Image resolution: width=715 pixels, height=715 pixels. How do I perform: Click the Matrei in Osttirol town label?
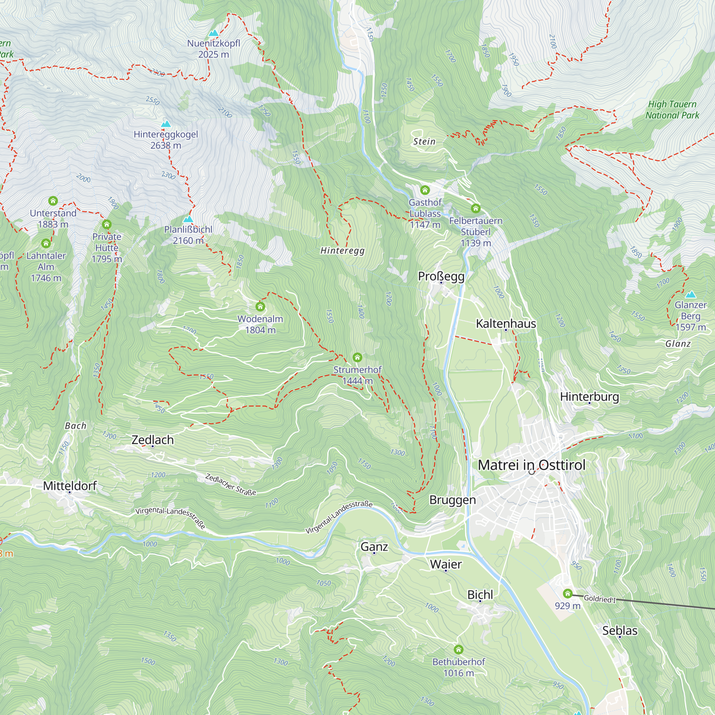532,465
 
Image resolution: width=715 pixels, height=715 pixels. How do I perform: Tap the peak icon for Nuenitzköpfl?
213,33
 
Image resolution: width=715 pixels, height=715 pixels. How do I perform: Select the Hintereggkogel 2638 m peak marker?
166,124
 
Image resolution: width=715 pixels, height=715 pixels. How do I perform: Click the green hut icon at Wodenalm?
260,306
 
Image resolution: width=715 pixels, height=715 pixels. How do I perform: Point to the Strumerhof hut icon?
357,357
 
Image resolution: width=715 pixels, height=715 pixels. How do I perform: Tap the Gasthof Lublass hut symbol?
425,190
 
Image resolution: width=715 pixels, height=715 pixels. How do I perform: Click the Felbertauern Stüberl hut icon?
475,209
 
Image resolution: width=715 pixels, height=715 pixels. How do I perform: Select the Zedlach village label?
153,440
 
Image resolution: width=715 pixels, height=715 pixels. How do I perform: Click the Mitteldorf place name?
70,485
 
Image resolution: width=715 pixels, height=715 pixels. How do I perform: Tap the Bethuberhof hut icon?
459,650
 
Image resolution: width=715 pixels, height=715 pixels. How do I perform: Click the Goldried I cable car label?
600,599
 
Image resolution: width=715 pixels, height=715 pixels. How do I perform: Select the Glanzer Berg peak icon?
691,295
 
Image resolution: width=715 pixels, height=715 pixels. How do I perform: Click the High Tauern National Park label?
672,109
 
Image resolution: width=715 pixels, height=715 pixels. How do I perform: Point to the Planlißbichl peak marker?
188,220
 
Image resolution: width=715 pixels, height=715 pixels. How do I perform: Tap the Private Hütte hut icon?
107,224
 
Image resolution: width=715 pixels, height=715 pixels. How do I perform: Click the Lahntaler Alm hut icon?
46,243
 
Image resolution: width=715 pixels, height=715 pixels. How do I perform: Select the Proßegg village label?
441,276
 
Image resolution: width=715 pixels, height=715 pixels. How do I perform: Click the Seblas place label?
620,630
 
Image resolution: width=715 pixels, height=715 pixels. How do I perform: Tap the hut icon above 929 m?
567,593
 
